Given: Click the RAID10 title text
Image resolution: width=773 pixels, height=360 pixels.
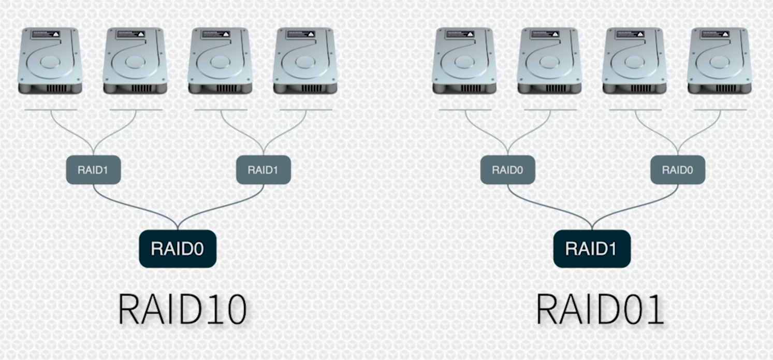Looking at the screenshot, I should pyautogui.click(x=182, y=309).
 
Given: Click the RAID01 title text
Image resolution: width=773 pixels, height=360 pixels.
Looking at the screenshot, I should pyautogui.click(x=600, y=309).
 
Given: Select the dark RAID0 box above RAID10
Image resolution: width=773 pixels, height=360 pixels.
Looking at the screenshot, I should pyautogui.click(x=178, y=249).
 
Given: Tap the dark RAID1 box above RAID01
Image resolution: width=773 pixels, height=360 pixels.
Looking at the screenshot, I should pyautogui.click(x=592, y=249).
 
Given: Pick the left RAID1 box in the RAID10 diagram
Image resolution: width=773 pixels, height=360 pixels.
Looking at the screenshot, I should pyautogui.click(x=93, y=169).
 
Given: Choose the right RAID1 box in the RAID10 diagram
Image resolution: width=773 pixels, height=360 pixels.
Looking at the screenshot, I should pyautogui.click(x=263, y=169).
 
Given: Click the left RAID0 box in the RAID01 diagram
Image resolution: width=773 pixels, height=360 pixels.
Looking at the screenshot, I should pyautogui.click(x=507, y=169).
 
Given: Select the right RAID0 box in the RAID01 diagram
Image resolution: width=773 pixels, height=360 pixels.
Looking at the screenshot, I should pyautogui.click(x=677, y=169).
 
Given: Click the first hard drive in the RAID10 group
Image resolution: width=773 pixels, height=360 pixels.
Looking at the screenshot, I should pyautogui.click(x=50, y=61).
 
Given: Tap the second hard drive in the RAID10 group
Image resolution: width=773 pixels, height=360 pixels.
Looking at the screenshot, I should pyautogui.click(x=135, y=61).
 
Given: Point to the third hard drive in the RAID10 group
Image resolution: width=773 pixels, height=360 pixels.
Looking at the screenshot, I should pyautogui.click(x=220, y=61).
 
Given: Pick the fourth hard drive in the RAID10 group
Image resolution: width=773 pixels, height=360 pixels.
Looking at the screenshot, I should pyautogui.click(x=305, y=61).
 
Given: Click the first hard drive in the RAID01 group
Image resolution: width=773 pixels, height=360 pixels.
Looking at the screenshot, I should pyautogui.click(x=464, y=61).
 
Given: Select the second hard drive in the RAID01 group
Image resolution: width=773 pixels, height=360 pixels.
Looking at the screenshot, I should pyautogui.click(x=549, y=61).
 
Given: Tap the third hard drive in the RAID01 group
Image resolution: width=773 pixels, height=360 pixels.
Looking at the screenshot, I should pyautogui.click(x=634, y=61).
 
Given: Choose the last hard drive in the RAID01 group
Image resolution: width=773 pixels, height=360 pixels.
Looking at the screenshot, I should pyautogui.click(x=719, y=61).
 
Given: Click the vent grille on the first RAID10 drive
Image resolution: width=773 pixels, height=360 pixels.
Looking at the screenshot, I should pyautogui.click(x=56, y=89).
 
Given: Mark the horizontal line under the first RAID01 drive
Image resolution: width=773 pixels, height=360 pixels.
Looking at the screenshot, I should pyautogui.click(x=464, y=110).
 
